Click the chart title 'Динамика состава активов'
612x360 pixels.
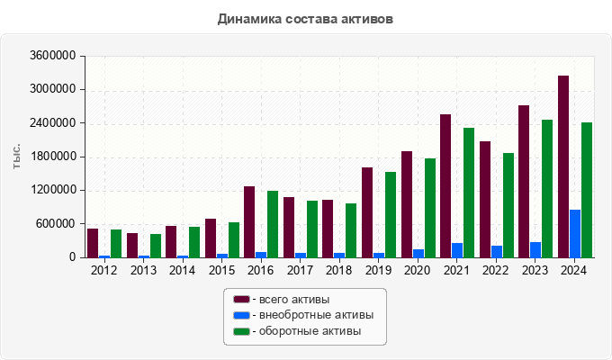306,18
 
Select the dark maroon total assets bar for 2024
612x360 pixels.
563,166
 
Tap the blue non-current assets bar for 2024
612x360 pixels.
575,234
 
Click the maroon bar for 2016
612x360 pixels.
249,221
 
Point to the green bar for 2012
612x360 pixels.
116,244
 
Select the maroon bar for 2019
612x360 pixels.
367,212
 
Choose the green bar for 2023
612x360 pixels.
547,188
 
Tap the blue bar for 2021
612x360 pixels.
457,250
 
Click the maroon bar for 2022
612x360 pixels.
485,199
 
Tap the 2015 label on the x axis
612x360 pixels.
221,270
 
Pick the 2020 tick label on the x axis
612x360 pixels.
418,270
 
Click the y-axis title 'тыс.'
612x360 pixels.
17,157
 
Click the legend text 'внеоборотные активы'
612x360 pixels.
315,315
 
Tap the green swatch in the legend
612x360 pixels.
240,332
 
